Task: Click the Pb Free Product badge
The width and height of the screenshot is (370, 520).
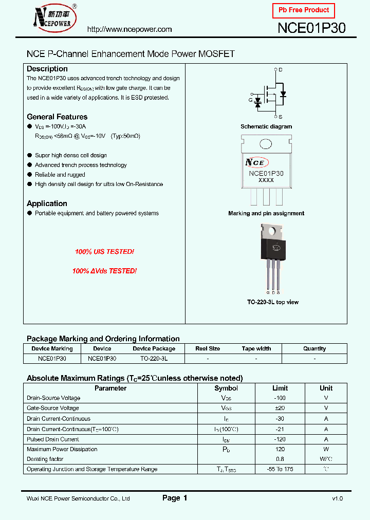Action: tap(304, 10)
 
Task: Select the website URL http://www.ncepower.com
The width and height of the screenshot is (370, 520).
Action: tap(129, 29)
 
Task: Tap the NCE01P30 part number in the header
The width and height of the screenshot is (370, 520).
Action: tap(311, 29)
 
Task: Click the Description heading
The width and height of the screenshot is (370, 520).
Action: tap(47, 69)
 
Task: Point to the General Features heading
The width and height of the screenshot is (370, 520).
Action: tap(57, 117)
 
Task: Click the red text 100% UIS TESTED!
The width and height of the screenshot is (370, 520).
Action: tap(104, 252)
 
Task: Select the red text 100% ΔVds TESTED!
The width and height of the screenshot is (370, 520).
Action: tap(104, 271)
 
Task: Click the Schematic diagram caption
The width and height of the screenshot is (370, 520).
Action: tap(266, 126)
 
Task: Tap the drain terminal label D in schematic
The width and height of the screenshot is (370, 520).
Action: tap(281, 69)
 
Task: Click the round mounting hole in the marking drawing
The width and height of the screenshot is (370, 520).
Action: tap(266, 144)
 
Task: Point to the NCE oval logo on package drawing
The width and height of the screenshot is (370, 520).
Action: tap(256, 162)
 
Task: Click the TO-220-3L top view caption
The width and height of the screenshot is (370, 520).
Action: tap(272, 302)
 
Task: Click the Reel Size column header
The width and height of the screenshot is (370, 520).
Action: tap(208, 348)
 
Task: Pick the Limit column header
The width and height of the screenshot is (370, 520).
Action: tap(280, 388)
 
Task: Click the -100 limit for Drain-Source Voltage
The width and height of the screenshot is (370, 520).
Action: tap(280, 398)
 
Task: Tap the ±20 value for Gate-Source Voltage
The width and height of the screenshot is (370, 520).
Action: tap(280, 408)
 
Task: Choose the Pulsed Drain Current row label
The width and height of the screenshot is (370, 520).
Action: tap(53, 439)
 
